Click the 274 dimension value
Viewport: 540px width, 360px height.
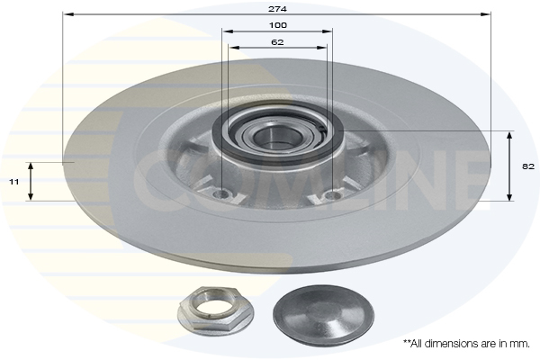277,9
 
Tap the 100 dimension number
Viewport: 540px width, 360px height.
277,25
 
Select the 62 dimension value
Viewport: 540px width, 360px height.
277,42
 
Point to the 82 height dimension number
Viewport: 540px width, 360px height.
528,166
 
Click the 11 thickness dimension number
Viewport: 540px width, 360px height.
13,182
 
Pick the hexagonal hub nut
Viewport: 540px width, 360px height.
216,311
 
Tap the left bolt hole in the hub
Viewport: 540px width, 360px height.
221,195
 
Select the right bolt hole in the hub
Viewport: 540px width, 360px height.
332,195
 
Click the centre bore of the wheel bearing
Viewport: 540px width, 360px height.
276,136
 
